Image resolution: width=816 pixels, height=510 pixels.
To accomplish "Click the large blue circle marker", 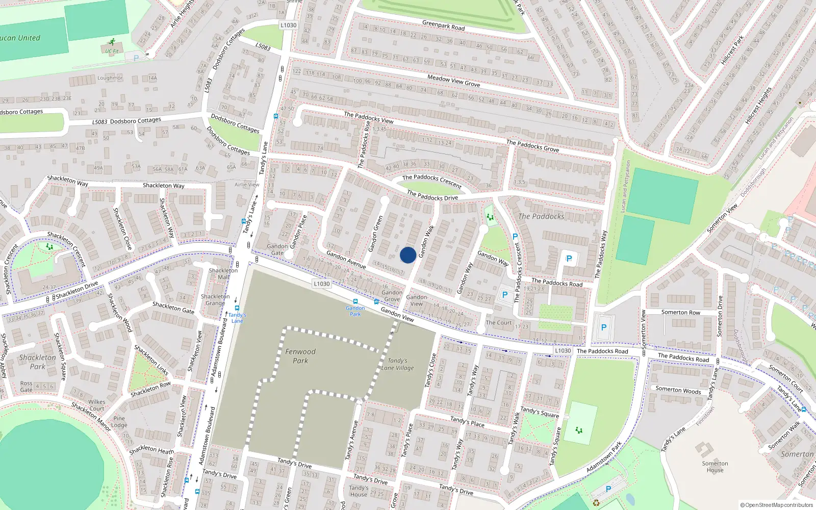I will point(408,255).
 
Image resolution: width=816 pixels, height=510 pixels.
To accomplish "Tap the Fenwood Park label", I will point(300,356).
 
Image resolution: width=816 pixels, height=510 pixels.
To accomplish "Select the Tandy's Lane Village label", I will point(397,364).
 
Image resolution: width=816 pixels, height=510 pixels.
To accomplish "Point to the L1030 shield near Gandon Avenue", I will point(322,284).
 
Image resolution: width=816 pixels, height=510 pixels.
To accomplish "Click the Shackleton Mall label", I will point(223,274).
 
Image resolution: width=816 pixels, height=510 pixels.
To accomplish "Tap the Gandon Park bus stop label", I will point(355,311).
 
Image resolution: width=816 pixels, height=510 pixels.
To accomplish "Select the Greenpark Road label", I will point(443,25).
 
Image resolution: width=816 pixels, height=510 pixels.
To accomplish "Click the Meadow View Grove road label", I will point(453,81).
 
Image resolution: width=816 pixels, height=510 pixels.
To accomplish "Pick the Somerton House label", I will point(715,467).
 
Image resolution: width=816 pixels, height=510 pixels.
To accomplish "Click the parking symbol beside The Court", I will point(505,295).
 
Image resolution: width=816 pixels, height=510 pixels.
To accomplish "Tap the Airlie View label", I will point(247,185).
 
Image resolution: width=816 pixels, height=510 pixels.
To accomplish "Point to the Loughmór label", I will point(110,78).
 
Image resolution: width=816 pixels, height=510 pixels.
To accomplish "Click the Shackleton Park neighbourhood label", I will point(38,362).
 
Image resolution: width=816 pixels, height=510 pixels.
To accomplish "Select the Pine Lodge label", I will point(119,422).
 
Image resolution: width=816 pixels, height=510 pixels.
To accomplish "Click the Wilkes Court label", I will point(96,405).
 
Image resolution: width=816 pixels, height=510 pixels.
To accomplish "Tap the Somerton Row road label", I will point(680,312).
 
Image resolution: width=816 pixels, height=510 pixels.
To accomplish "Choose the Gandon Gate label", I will point(277,249).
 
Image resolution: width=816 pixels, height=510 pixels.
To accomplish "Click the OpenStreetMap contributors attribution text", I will point(776,505).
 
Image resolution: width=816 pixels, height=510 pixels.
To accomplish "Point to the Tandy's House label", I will point(359,491).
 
